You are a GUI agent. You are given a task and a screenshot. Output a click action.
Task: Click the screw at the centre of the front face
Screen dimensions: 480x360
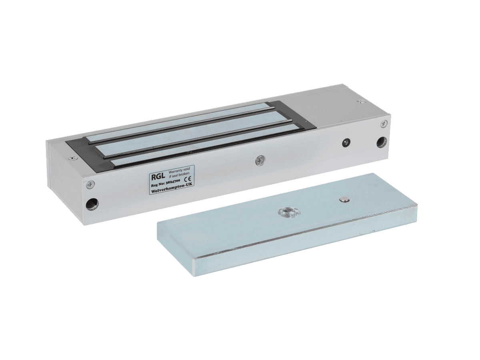pos(260,161)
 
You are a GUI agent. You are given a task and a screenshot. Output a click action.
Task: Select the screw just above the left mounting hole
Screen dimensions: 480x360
pos(90,185)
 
